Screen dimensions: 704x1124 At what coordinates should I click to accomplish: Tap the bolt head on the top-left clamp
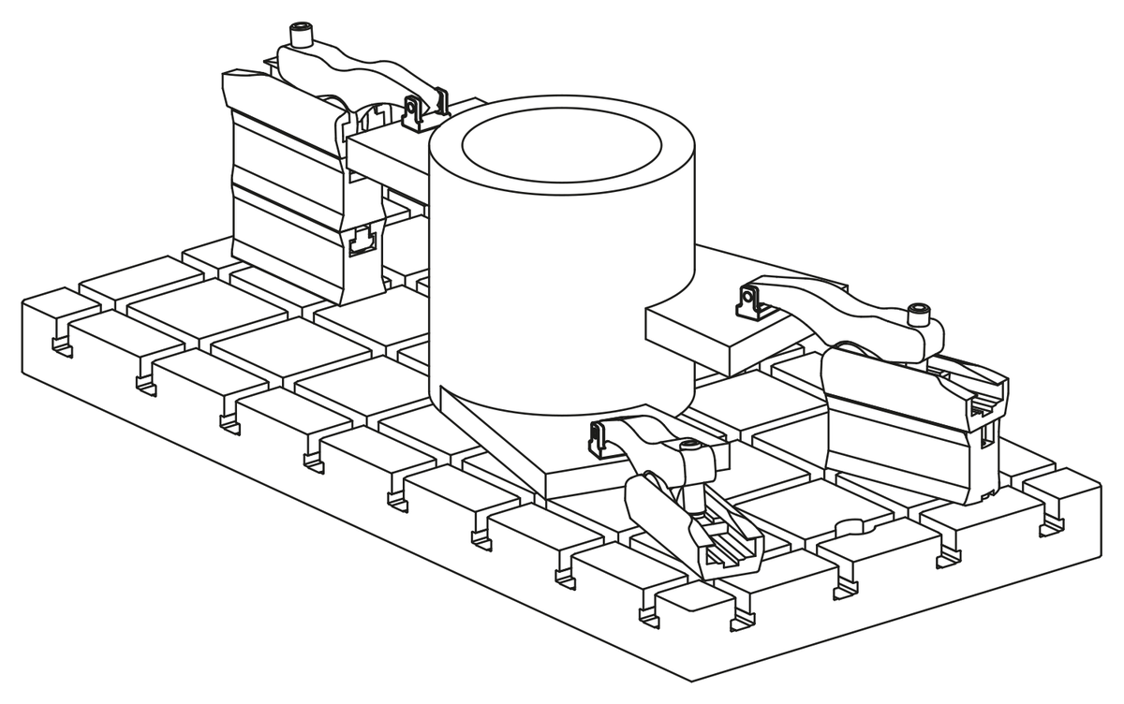301,37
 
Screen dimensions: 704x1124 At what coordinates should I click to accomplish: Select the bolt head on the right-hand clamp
921,313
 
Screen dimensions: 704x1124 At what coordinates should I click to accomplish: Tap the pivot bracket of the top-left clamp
413,111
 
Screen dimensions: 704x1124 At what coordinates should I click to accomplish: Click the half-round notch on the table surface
848,528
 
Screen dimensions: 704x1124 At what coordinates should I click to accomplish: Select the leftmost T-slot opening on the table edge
62,345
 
